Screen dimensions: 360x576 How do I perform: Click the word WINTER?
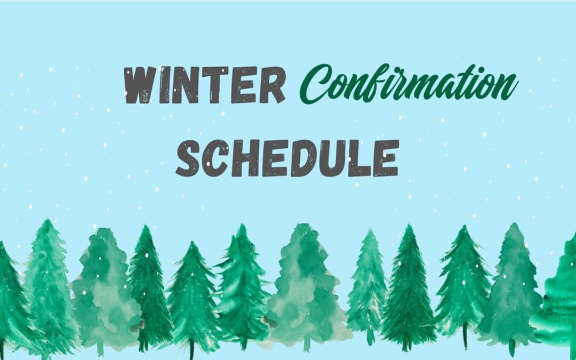204,86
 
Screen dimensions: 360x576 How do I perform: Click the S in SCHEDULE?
189,158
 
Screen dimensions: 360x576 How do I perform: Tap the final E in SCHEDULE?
385,158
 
